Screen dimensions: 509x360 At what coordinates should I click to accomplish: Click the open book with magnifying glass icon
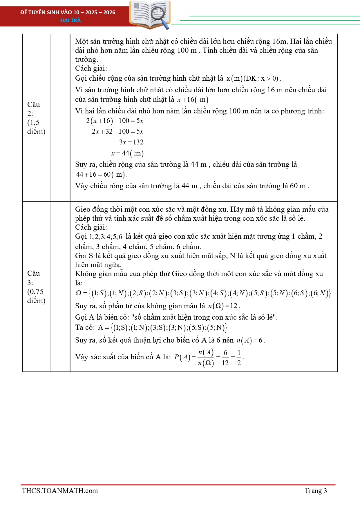[x=150, y=15]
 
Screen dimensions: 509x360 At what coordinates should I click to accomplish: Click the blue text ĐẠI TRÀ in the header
[x=70, y=20]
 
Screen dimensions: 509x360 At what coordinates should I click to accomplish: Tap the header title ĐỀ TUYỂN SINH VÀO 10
[x=68, y=12]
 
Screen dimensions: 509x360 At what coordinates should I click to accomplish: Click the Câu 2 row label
[x=36, y=118]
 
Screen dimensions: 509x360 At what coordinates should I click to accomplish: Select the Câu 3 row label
[x=36, y=287]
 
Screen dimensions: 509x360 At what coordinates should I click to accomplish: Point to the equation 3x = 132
[x=131, y=142]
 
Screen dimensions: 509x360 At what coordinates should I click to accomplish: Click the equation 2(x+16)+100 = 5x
[x=115, y=121]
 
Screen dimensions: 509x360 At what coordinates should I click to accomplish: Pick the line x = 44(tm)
[x=127, y=153]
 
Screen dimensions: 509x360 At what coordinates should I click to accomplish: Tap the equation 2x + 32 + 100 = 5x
[x=117, y=131]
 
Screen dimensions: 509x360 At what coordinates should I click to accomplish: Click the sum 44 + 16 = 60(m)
[x=101, y=174]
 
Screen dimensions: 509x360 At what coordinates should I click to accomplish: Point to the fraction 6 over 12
[x=225, y=358]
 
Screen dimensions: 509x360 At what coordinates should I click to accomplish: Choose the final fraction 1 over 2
[x=239, y=358]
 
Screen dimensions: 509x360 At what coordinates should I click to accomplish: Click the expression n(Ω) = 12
[x=223, y=306]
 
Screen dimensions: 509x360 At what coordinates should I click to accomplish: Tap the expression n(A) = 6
[x=250, y=340]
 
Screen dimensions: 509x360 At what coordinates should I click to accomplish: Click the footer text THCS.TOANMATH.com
[x=60, y=491]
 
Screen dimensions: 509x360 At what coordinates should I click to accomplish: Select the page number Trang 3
[x=316, y=491]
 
